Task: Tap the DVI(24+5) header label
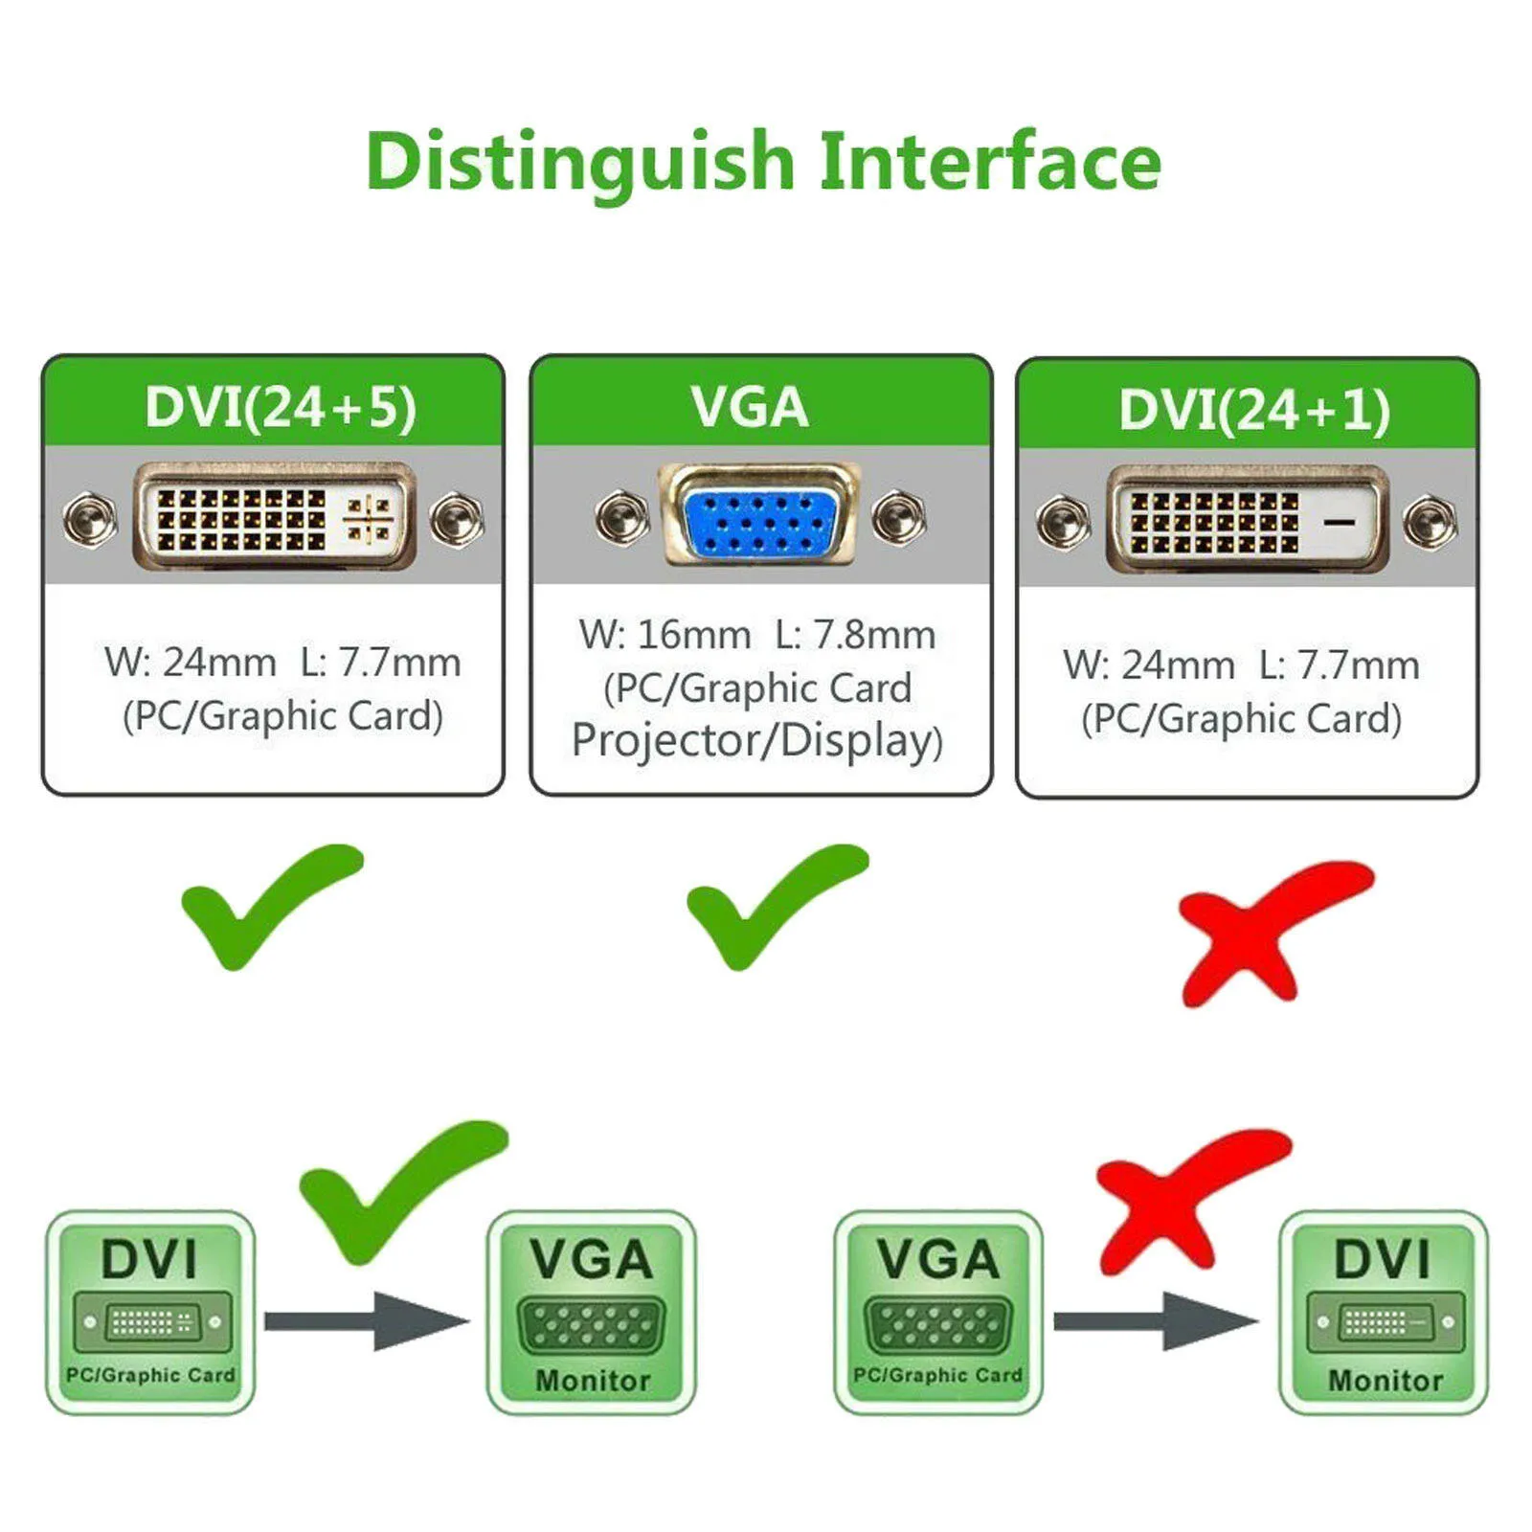(281, 407)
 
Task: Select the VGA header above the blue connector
(750, 407)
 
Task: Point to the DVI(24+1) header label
(1254, 410)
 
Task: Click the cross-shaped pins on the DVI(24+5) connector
(369, 518)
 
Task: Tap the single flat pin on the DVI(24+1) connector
(1339, 522)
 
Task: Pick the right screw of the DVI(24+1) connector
(1430, 523)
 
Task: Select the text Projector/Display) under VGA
(757, 741)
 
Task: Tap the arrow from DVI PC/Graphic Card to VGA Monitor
(367, 1321)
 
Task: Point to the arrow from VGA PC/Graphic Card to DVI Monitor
(1156, 1321)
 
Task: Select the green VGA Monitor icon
(592, 1312)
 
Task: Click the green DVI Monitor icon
(1384, 1312)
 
